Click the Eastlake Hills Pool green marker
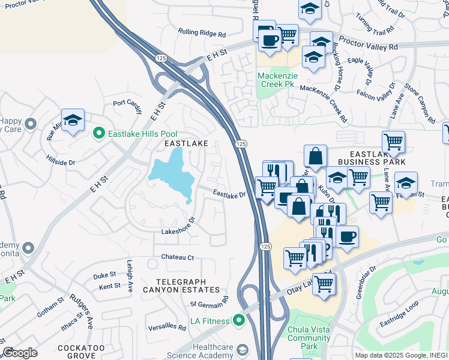coord(99,134)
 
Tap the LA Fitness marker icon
coord(240,321)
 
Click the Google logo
coord(20,353)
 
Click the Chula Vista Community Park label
coord(309,338)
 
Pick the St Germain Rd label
coord(209,301)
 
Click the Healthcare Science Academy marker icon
coord(242,349)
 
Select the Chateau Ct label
coord(177,257)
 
